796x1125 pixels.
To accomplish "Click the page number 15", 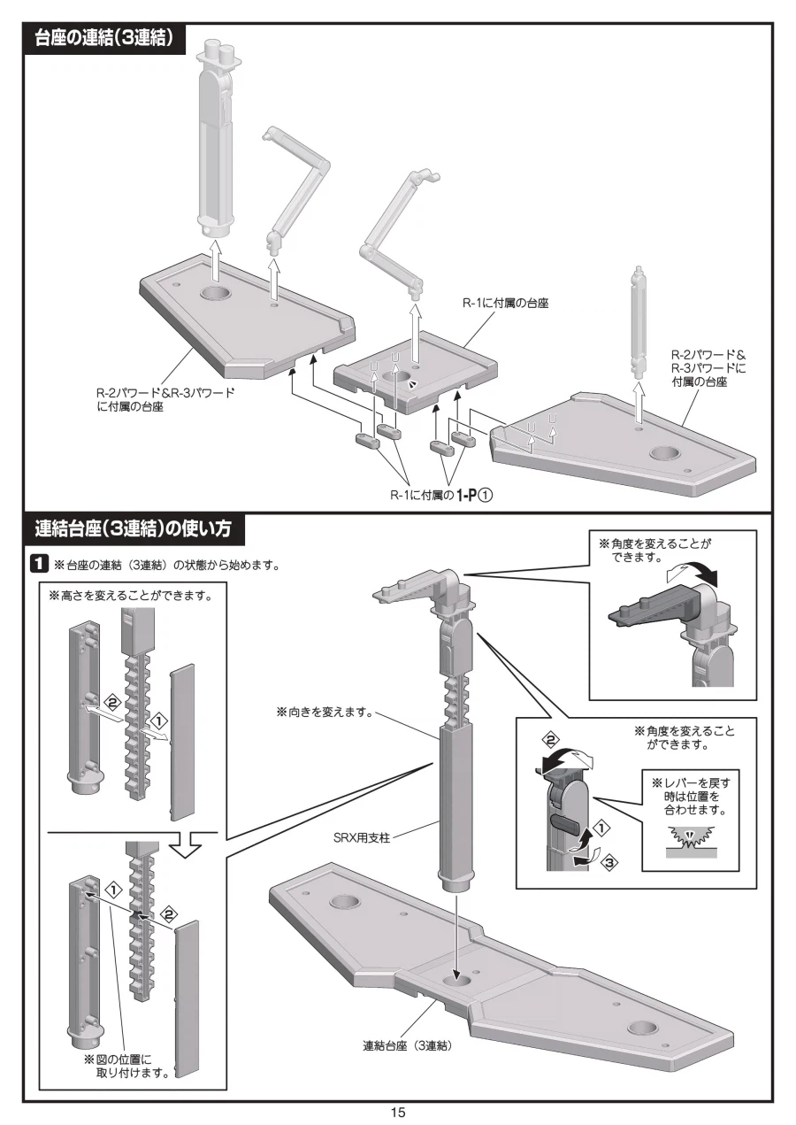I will pyautogui.click(x=397, y=1112).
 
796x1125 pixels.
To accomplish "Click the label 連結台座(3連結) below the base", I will pyautogui.click(x=408, y=1045).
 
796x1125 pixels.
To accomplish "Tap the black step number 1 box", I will pyautogui.click(x=40, y=564).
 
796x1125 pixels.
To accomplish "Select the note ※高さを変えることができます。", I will pyautogui.click(x=130, y=595).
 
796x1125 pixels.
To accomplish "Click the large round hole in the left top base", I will pyautogui.click(x=218, y=295).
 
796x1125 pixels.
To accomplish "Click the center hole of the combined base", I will pyautogui.click(x=459, y=982).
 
